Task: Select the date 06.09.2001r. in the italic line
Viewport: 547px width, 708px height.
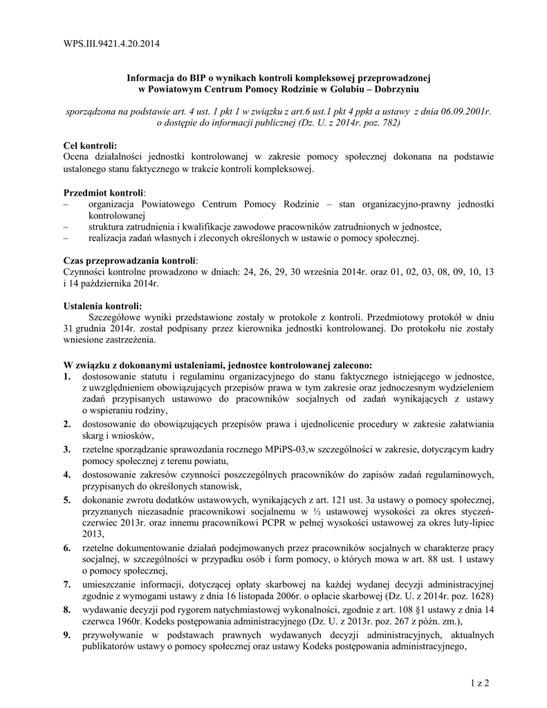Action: (x=461, y=112)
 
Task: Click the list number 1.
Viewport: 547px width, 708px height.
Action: (x=67, y=377)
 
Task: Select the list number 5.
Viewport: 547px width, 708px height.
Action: (x=67, y=500)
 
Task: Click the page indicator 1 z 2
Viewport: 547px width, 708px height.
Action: (x=478, y=684)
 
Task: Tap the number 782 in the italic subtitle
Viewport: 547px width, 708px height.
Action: (x=388, y=123)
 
